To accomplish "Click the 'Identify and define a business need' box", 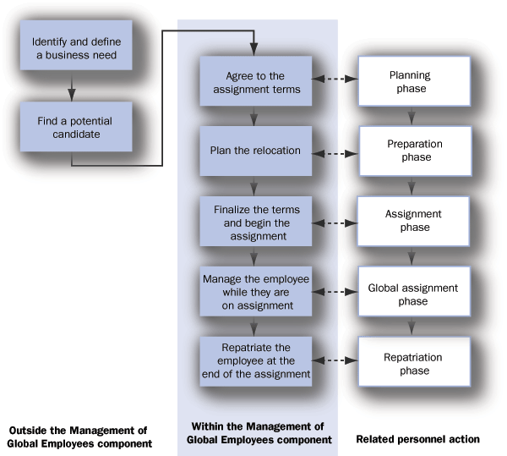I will click(74, 49).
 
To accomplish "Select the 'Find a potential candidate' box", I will click(74, 128).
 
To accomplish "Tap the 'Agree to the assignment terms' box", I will click(255, 80).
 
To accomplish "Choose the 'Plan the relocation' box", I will click(255, 151).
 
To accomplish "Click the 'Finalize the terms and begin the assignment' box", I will click(255, 222).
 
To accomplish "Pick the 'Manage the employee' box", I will click(255, 292).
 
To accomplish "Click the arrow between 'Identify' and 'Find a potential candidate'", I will click(74, 87).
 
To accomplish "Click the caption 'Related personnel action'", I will click(417, 439).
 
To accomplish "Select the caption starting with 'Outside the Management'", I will click(79, 437).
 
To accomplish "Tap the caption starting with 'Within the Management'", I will click(258, 433).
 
